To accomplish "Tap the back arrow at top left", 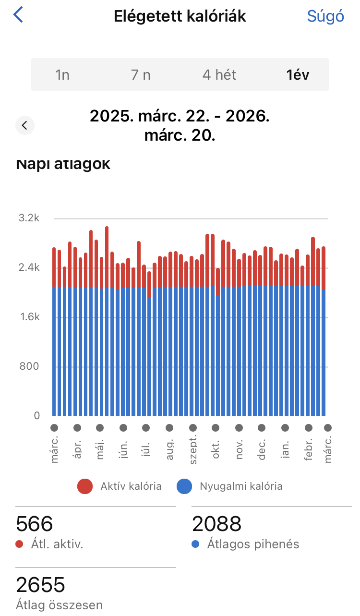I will click(x=18, y=15).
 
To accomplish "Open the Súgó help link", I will click(x=325, y=16).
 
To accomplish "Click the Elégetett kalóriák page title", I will click(x=180, y=16).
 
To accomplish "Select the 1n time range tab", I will click(x=62, y=75).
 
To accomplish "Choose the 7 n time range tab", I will click(x=141, y=75).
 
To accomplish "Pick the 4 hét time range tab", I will click(x=219, y=75).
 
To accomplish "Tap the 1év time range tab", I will click(x=298, y=75).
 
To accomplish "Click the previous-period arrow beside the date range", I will click(x=25, y=126).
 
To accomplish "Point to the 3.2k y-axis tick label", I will click(x=29, y=218).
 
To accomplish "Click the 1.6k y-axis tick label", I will click(x=29, y=317).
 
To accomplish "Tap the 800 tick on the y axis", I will click(x=29, y=367).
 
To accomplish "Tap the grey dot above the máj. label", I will click(x=100, y=427).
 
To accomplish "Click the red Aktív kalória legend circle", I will click(x=85, y=486).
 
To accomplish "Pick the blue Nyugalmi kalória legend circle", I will click(x=184, y=486).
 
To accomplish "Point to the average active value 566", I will click(x=35, y=524).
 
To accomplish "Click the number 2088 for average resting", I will click(x=217, y=524).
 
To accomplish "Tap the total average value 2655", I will click(x=40, y=585).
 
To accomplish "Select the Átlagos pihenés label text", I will click(x=253, y=544).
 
